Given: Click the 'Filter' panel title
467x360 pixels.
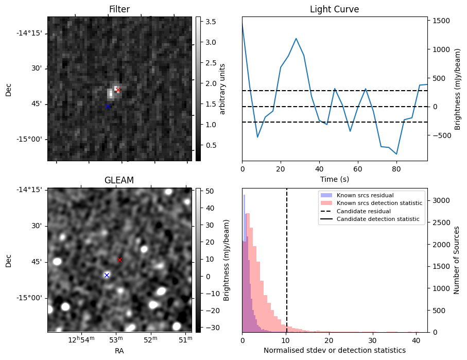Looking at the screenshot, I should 119,9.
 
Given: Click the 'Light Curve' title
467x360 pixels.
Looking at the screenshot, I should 334,9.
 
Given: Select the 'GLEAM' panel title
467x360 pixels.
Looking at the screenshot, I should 119,180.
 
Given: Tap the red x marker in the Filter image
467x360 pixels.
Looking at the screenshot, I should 118,90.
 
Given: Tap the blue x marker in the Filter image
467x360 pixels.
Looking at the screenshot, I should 108,106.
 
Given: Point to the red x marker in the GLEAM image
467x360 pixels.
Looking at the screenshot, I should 120,260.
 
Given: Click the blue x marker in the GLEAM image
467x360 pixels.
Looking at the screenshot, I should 107,275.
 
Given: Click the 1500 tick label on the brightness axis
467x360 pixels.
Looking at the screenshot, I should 442,21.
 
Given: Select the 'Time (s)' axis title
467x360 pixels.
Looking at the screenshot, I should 334,178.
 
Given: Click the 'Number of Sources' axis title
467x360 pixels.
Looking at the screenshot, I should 457,260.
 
